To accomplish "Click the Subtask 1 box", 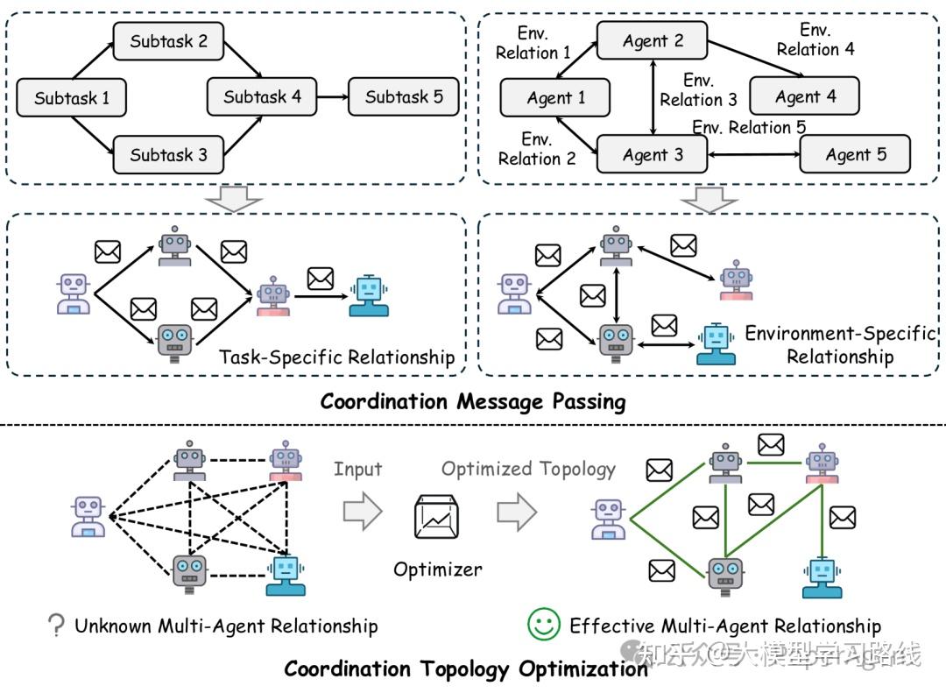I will (x=72, y=98).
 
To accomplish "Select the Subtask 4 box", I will (x=262, y=96).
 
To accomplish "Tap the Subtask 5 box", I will (x=404, y=96).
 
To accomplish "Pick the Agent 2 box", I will (x=653, y=41).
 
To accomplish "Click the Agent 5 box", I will (x=855, y=155).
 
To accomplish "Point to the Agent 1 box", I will (x=555, y=98).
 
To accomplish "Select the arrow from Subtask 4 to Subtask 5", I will (x=332, y=96).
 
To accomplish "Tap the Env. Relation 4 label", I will (x=815, y=40).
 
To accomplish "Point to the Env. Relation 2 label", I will (x=536, y=149).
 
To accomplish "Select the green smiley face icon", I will (x=543, y=625).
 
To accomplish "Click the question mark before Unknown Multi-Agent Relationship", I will (x=57, y=626).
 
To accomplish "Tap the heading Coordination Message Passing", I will (x=473, y=402).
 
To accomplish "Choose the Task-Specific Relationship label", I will (x=336, y=357).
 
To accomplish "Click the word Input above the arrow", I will (x=357, y=470).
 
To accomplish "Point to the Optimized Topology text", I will (x=528, y=469).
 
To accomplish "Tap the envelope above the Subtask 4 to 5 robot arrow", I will (x=320, y=279).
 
